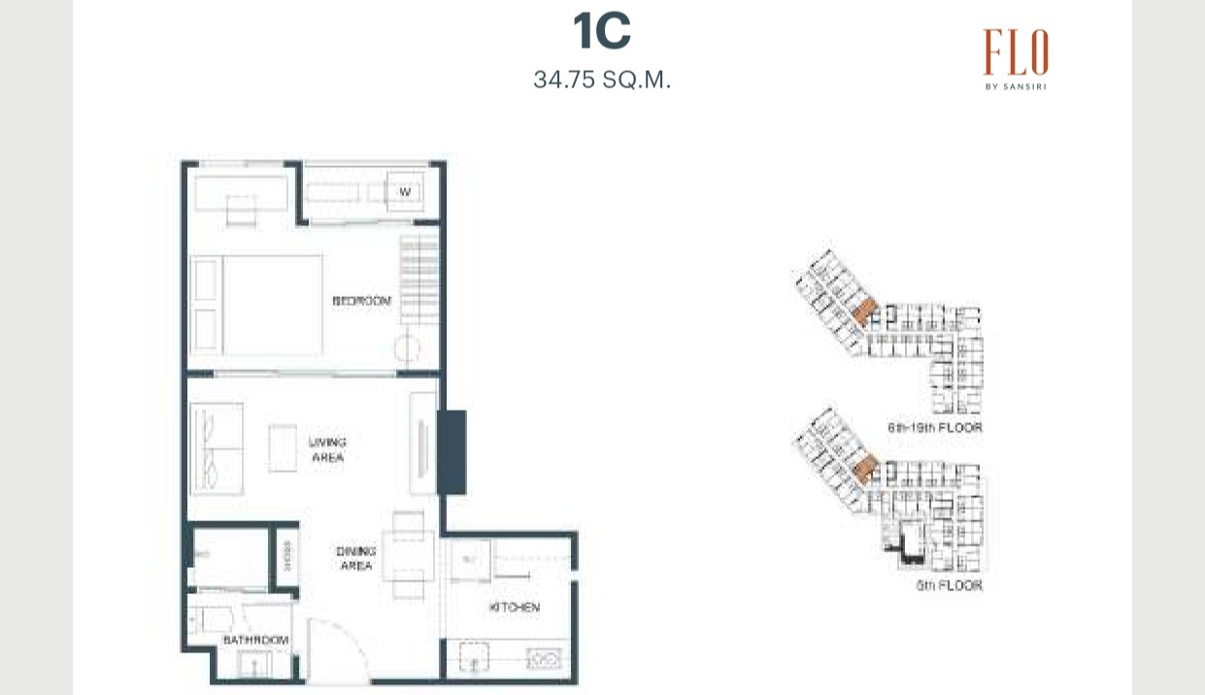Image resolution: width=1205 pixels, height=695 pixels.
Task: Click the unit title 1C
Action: pos(602,32)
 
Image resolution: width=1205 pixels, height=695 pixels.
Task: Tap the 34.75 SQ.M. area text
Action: pos(602,80)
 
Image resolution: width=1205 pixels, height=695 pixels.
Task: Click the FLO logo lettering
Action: pos(1015,52)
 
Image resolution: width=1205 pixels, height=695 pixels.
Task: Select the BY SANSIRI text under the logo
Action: pos(1015,85)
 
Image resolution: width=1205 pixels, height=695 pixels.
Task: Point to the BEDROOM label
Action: pos(361,301)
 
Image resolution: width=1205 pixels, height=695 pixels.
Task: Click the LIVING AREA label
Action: pos(327,449)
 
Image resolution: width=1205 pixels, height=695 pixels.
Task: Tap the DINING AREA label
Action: pos(355,558)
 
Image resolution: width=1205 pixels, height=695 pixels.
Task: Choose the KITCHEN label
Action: pos(514,608)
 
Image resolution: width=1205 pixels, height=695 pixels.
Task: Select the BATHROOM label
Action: pos(256,641)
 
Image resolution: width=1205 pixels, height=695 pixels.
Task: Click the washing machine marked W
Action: pos(406,192)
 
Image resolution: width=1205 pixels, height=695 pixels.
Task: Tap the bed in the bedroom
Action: pos(258,305)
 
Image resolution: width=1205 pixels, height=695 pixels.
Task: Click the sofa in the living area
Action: pos(217,449)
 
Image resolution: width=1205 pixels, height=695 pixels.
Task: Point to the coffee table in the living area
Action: pos(283,448)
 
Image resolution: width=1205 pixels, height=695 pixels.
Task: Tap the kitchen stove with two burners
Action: pos(543,660)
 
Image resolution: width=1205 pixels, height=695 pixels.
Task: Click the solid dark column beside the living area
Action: pos(452,451)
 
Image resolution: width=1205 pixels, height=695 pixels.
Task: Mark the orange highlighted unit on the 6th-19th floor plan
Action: pos(863,311)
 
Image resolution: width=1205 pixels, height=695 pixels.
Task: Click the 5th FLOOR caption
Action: pos(949,586)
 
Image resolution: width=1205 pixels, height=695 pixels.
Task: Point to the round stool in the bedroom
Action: pos(408,349)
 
